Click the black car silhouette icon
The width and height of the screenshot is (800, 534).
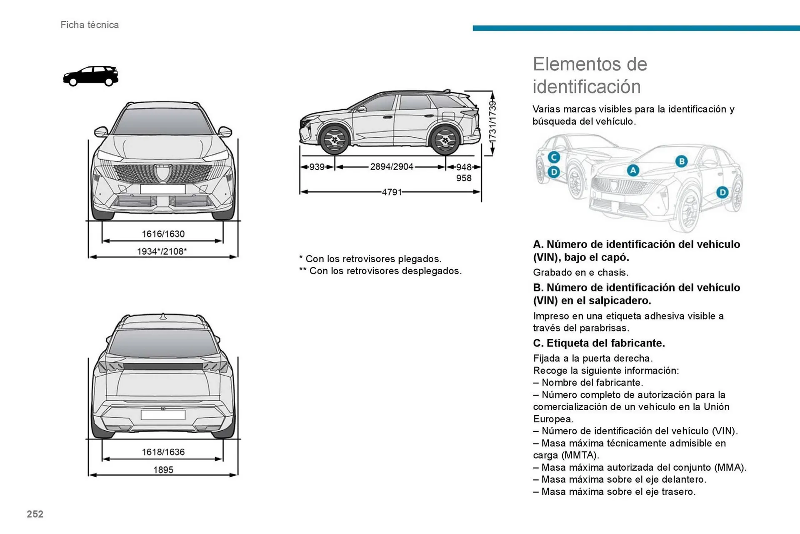90,76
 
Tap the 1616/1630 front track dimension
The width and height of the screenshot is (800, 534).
163,234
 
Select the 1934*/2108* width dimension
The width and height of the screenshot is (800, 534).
162,251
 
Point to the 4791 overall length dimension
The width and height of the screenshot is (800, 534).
392,192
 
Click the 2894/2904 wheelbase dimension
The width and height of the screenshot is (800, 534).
391,167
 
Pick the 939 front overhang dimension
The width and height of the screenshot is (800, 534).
317,167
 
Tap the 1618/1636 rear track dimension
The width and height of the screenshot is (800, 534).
163,452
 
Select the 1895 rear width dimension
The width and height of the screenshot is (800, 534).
163,470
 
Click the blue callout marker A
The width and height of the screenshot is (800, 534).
633,170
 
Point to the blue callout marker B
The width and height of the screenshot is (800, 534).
681,161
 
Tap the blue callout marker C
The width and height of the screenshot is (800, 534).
554,157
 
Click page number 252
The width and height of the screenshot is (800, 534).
35,514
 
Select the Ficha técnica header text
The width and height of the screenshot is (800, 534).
90,25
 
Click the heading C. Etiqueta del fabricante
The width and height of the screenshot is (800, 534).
599,343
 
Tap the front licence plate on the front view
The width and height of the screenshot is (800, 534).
162,189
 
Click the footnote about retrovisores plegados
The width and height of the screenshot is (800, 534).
370,259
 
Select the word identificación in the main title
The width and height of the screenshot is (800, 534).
586,87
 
